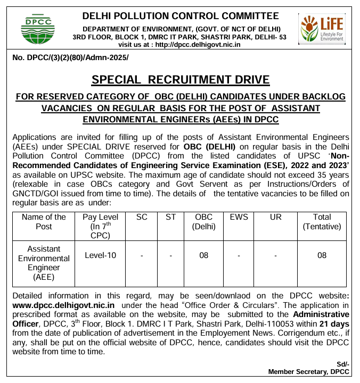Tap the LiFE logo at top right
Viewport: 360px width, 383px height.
click(x=322, y=28)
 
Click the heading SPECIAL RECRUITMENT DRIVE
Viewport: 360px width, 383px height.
click(x=181, y=80)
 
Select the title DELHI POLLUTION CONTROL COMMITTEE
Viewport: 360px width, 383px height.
click(x=181, y=16)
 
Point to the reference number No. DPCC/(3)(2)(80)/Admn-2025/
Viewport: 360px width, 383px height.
click(x=70, y=57)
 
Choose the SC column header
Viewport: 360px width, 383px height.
click(x=142, y=217)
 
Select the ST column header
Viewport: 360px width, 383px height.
click(x=170, y=217)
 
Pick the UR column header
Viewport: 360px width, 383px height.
click(x=275, y=217)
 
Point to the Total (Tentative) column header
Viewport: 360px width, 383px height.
click(x=322, y=221)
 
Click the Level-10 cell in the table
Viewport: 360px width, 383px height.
click(x=100, y=255)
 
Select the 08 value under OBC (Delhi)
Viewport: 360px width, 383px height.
click(x=203, y=255)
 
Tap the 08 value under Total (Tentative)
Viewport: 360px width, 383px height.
click(x=322, y=255)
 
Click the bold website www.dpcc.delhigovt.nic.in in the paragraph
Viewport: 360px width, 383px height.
click(x=63, y=305)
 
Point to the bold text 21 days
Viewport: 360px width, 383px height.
click(x=334, y=323)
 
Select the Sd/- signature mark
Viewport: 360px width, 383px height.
click(x=343, y=363)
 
